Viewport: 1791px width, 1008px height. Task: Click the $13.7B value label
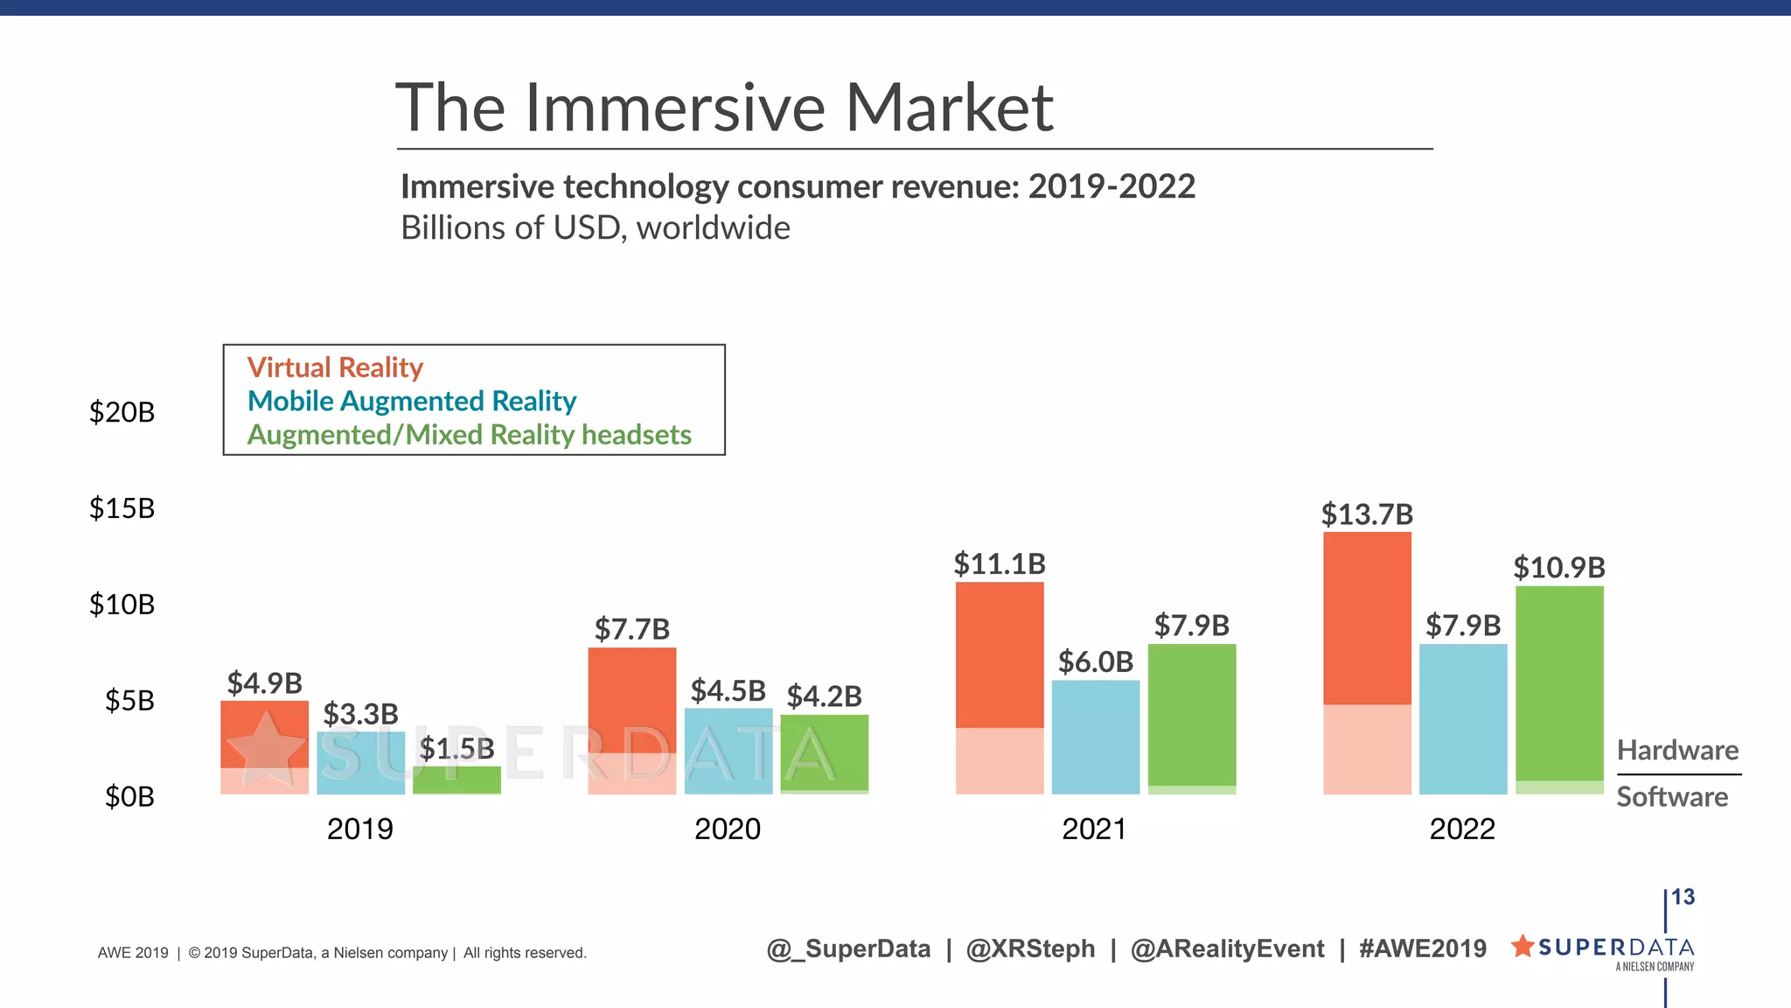1367,514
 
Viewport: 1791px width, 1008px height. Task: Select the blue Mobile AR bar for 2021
1095,737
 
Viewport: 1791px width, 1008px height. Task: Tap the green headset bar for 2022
1558,682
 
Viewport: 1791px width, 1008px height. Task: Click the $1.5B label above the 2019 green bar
456,749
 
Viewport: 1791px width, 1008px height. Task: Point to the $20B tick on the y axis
122,412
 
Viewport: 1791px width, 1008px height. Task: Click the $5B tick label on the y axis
129,701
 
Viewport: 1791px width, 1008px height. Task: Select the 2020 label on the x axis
727,829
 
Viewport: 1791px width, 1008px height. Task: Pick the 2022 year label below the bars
1461,829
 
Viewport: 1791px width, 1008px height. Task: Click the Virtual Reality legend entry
335,367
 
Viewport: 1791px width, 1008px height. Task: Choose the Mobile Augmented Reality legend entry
412,401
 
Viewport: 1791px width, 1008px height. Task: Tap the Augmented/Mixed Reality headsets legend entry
469,435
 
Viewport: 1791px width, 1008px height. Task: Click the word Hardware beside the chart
1676,751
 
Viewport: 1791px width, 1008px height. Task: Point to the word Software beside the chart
1671,797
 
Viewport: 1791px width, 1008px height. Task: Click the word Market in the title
949,108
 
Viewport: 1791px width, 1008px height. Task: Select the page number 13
1683,897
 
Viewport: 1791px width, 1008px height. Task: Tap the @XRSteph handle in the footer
1030,948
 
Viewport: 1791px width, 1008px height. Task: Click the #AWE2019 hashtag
1422,948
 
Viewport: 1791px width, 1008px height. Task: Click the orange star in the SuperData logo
1523,946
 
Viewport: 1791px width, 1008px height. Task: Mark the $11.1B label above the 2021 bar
999,564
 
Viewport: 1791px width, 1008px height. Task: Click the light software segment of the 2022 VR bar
1366,749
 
